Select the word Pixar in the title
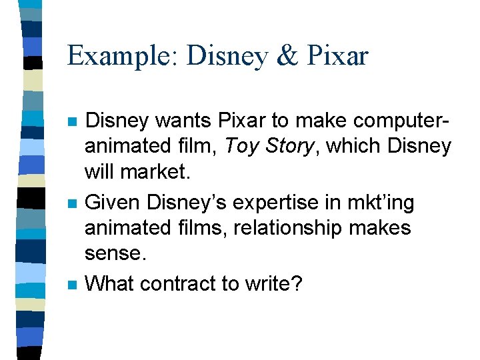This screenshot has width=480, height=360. pos(339,55)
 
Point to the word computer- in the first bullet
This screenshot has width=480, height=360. pos(393,121)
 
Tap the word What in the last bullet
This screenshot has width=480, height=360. pos(111,283)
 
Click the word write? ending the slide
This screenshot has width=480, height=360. pos(275,283)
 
